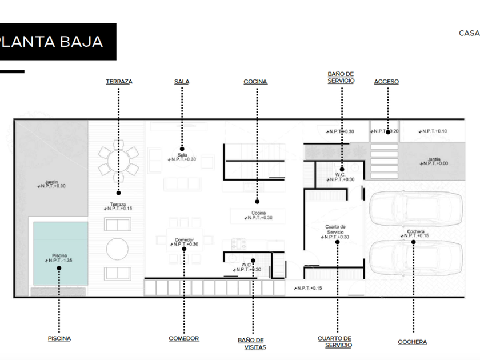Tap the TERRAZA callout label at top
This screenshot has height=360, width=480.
[x=119, y=82]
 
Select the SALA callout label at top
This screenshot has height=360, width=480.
[x=182, y=82]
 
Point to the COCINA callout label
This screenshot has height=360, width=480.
[x=255, y=82]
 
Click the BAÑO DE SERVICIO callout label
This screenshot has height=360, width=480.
[x=341, y=78]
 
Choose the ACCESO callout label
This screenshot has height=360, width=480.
[x=386, y=82]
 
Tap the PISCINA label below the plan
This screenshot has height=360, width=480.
[x=59, y=338]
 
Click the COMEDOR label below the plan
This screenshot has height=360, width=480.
[x=184, y=338]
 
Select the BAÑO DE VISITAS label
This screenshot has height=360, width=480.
[x=252, y=343]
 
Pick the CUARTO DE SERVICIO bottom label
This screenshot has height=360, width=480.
[x=335, y=342]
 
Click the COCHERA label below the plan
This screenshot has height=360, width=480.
[x=413, y=342]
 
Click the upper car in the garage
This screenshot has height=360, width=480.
[x=416, y=210]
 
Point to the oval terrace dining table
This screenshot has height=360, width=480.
[x=118, y=161]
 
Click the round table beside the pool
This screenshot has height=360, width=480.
[x=118, y=249]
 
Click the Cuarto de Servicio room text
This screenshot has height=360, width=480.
[x=335, y=229]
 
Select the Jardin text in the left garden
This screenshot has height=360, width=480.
[x=51, y=181]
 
